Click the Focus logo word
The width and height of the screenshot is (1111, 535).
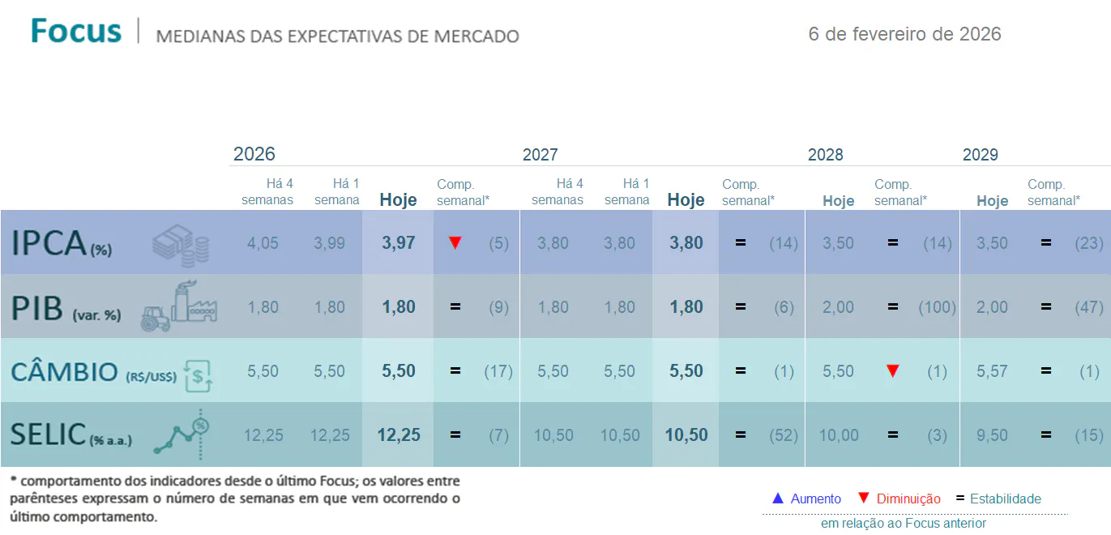(x=76, y=31)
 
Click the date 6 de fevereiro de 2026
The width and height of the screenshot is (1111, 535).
(x=904, y=34)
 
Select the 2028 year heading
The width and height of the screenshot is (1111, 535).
(x=825, y=155)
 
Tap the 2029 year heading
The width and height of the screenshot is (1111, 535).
(x=980, y=155)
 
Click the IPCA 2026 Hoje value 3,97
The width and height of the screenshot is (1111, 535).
(x=398, y=243)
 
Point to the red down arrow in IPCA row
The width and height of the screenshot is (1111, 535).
(x=455, y=242)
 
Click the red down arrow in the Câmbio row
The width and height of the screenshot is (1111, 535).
(x=892, y=371)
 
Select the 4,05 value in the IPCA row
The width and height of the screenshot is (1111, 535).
(x=263, y=243)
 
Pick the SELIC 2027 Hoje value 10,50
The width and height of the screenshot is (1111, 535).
(x=686, y=435)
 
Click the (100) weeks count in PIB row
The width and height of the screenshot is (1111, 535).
(x=937, y=307)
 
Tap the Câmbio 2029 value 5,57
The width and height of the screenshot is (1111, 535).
(x=992, y=371)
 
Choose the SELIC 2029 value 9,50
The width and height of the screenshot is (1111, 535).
(x=992, y=435)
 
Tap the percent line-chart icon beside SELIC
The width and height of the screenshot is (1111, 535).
(x=186, y=436)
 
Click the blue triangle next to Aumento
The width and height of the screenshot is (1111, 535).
(x=777, y=499)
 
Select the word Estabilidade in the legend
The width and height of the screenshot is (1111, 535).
(x=1005, y=499)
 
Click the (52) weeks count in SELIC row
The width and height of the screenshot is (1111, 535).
(x=783, y=435)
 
